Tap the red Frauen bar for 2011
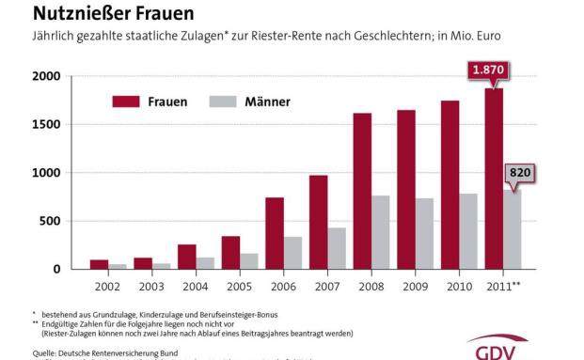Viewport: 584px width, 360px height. (493, 179)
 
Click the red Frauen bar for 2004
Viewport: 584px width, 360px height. (187, 257)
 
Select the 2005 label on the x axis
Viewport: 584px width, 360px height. (240, 286)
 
